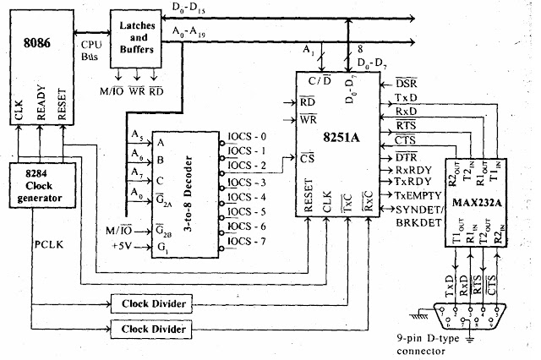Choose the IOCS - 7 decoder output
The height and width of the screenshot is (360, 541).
(247, 240)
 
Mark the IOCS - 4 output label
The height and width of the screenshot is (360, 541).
(247, 196)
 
